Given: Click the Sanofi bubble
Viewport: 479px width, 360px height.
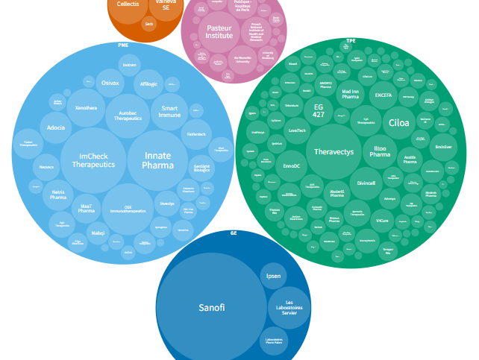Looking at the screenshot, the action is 211,307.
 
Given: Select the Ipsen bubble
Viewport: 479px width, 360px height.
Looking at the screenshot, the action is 274,277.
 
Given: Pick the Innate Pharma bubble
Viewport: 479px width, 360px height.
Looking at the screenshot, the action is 157,160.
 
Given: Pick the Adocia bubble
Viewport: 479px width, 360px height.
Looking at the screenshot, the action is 56,127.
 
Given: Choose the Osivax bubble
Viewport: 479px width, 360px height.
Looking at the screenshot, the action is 110,83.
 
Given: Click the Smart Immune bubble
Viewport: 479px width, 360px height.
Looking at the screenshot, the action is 169,113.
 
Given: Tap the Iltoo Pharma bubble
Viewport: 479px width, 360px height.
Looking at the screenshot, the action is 380,151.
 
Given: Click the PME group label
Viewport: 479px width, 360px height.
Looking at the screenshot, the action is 124,45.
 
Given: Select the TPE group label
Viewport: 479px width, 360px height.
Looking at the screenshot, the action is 351,41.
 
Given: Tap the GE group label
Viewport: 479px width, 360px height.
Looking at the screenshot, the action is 234,233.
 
